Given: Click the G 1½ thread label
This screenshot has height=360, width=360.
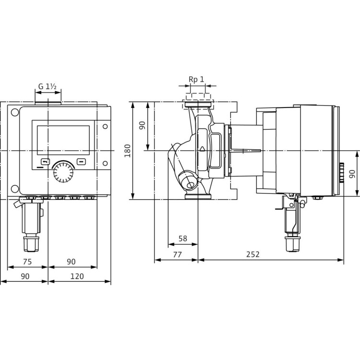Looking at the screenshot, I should (x=48, y=87).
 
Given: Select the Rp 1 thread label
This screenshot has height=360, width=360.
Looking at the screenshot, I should (x=196, y=79).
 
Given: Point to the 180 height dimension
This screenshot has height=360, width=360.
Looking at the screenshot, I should (x=127, y=150).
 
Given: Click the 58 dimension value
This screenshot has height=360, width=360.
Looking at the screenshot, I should (x=182, y=238).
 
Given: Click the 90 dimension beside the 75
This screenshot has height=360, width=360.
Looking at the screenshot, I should (x=71, y=262).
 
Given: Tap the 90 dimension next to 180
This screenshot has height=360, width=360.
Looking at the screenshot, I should (x=142, y=126).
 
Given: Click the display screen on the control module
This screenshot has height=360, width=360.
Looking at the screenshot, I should (x=63, y=140).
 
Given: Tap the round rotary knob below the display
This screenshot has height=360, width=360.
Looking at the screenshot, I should (x=63, y=172).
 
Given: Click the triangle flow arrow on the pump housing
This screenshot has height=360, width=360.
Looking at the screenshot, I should (x=202, y=149).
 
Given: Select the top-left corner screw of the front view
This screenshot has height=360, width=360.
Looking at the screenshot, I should (x=15, y=113).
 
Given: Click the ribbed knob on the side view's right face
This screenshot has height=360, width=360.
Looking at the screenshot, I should (x=342, y=173).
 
